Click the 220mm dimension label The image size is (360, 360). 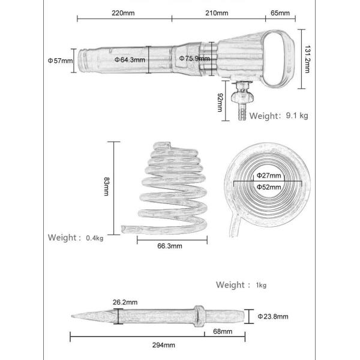pos(124,13)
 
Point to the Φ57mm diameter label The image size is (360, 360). pos(60,60)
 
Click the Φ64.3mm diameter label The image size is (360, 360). pos(130,60)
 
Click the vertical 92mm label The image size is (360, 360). pos(220,101)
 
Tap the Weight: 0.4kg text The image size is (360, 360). pos(76,238)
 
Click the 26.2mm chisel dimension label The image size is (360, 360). pos(124,302)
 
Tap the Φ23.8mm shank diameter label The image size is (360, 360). pos(273,316)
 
